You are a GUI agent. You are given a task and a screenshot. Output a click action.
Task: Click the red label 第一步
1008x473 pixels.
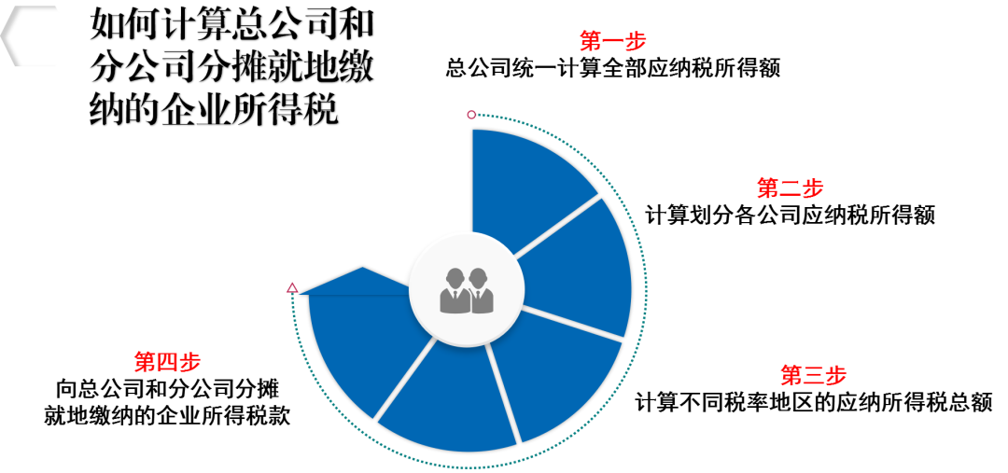612,41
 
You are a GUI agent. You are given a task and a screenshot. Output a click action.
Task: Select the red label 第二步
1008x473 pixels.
790,188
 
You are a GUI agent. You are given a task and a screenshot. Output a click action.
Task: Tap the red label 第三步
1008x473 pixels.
813,375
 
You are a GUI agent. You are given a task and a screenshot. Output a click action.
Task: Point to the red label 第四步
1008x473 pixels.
167,362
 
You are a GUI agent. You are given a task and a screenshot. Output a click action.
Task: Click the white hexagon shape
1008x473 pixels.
35,36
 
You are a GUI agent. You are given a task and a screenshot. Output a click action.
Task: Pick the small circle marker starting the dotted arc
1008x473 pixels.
471,115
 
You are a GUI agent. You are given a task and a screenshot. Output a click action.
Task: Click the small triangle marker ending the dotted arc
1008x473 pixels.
292,288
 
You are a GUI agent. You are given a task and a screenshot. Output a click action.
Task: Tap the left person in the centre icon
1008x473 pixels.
455,291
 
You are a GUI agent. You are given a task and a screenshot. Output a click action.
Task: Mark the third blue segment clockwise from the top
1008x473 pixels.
554,373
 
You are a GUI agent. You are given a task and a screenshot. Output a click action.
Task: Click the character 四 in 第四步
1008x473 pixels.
168,362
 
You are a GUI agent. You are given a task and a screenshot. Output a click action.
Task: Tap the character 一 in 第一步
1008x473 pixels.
613,41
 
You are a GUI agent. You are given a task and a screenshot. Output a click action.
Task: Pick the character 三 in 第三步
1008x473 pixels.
814,375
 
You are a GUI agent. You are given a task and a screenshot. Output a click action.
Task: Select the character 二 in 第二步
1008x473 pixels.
791,188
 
